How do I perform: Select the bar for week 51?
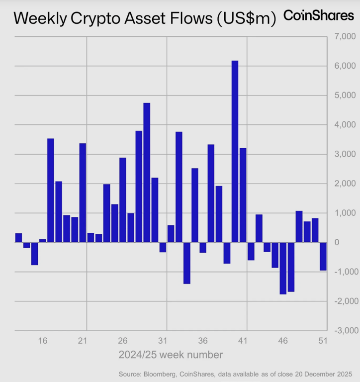tap(323, 256)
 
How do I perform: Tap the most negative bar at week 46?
tap(283, 268)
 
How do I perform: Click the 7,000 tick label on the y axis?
tap(343, 36)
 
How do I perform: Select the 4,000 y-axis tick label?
tap(343, 125)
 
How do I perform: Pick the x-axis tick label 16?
tap(43, 341)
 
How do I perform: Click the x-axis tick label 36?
tap(203, 341)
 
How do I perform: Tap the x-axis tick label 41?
tap(243, 341)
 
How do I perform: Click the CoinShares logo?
tap(319, 15)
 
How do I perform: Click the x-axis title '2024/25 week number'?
tap(171, 355)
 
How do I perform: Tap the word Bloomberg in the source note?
tap(160, 374)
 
